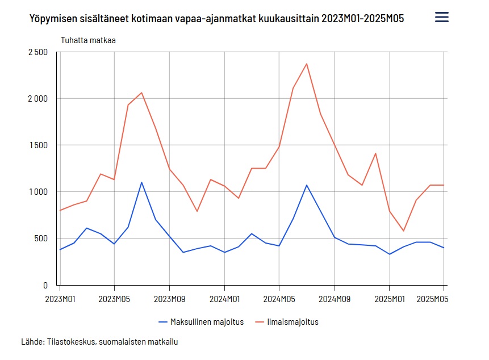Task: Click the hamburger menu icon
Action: [x=441, y=17]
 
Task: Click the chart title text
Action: [x=218, y=19]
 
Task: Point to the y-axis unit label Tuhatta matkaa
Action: [x=88, y=40]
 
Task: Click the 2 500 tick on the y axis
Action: [x=38, y=52]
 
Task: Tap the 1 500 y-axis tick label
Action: [x=38, y=145]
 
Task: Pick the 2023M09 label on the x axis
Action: [x=169, y=299]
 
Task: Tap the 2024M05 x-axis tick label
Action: [x=279, y=299]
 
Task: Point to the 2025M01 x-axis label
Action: [x=389, y=299]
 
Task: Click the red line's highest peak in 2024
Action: [x=307, y=64]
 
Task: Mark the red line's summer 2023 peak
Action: [x=141, y=93]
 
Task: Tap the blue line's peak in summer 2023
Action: [x=141, y=182]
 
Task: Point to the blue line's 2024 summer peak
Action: [x=307, y=185]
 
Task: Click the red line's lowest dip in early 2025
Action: [x=403, y=231]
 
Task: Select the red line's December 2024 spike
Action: [x=375, y=153]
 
